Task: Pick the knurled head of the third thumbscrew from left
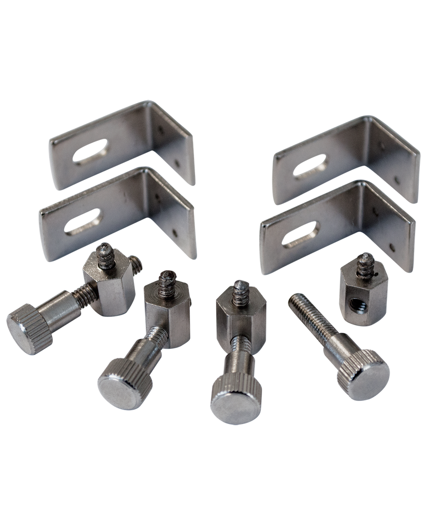pyautogui.click(x=230, y=398)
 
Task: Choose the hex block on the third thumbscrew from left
pyautogui.click(x=240, y=314)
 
